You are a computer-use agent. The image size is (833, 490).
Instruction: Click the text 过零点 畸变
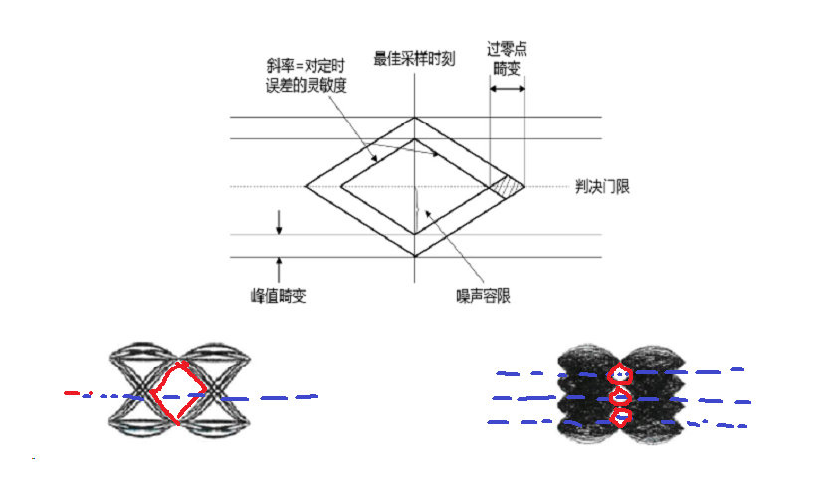(507, 57)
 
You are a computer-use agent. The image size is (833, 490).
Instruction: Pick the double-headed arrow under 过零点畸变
(508, 90)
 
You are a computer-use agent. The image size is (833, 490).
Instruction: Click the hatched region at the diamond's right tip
(510, 186)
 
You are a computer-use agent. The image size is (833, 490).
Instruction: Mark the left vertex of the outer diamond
(305, 186)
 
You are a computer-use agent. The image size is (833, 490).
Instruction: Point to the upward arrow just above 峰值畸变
(280, 266)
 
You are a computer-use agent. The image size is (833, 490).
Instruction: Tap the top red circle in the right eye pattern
(620, 374)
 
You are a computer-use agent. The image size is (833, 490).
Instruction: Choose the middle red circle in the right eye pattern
(620, 397)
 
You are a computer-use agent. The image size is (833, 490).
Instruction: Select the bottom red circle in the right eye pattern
(620, 418)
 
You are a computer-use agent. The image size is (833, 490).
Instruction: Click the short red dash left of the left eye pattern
(71, 393)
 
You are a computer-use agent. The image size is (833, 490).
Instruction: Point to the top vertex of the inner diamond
(414, 139)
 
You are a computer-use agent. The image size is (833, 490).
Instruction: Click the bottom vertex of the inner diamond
(414, 233)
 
